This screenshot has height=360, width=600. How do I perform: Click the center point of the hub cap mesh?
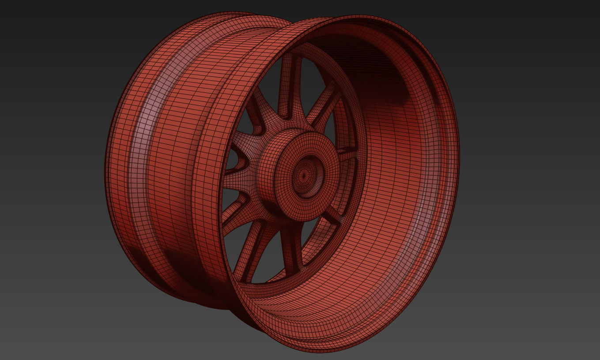(x=304, y=175)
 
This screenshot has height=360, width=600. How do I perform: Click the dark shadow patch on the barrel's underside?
(x=185, y=269)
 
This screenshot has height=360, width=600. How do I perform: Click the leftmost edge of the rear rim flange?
(x=106, y=168)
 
